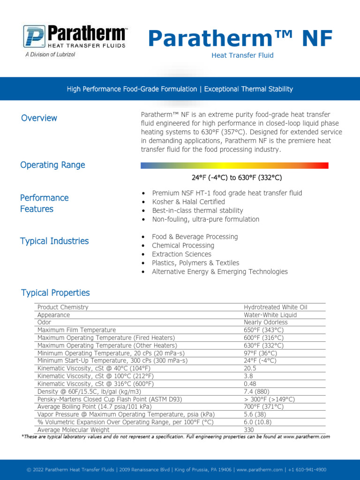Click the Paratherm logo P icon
pos(34,37)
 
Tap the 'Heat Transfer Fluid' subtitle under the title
pos(242,55)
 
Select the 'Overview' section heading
pos(39,118)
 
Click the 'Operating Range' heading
pos(52,165)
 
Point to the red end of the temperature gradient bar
pos(323,165)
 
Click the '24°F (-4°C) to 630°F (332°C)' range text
pos(237,178)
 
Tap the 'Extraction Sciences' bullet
pos(181,254)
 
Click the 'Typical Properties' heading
pos(55,293)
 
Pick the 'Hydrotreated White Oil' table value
pos(276,307)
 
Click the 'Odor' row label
pos(45,322)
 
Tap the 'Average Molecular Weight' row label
pos(74,430)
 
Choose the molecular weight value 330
pos(249,430)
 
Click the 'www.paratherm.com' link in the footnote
pos(307,436)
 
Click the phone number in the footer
pos(307,470)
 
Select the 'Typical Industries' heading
pos(54,241)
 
